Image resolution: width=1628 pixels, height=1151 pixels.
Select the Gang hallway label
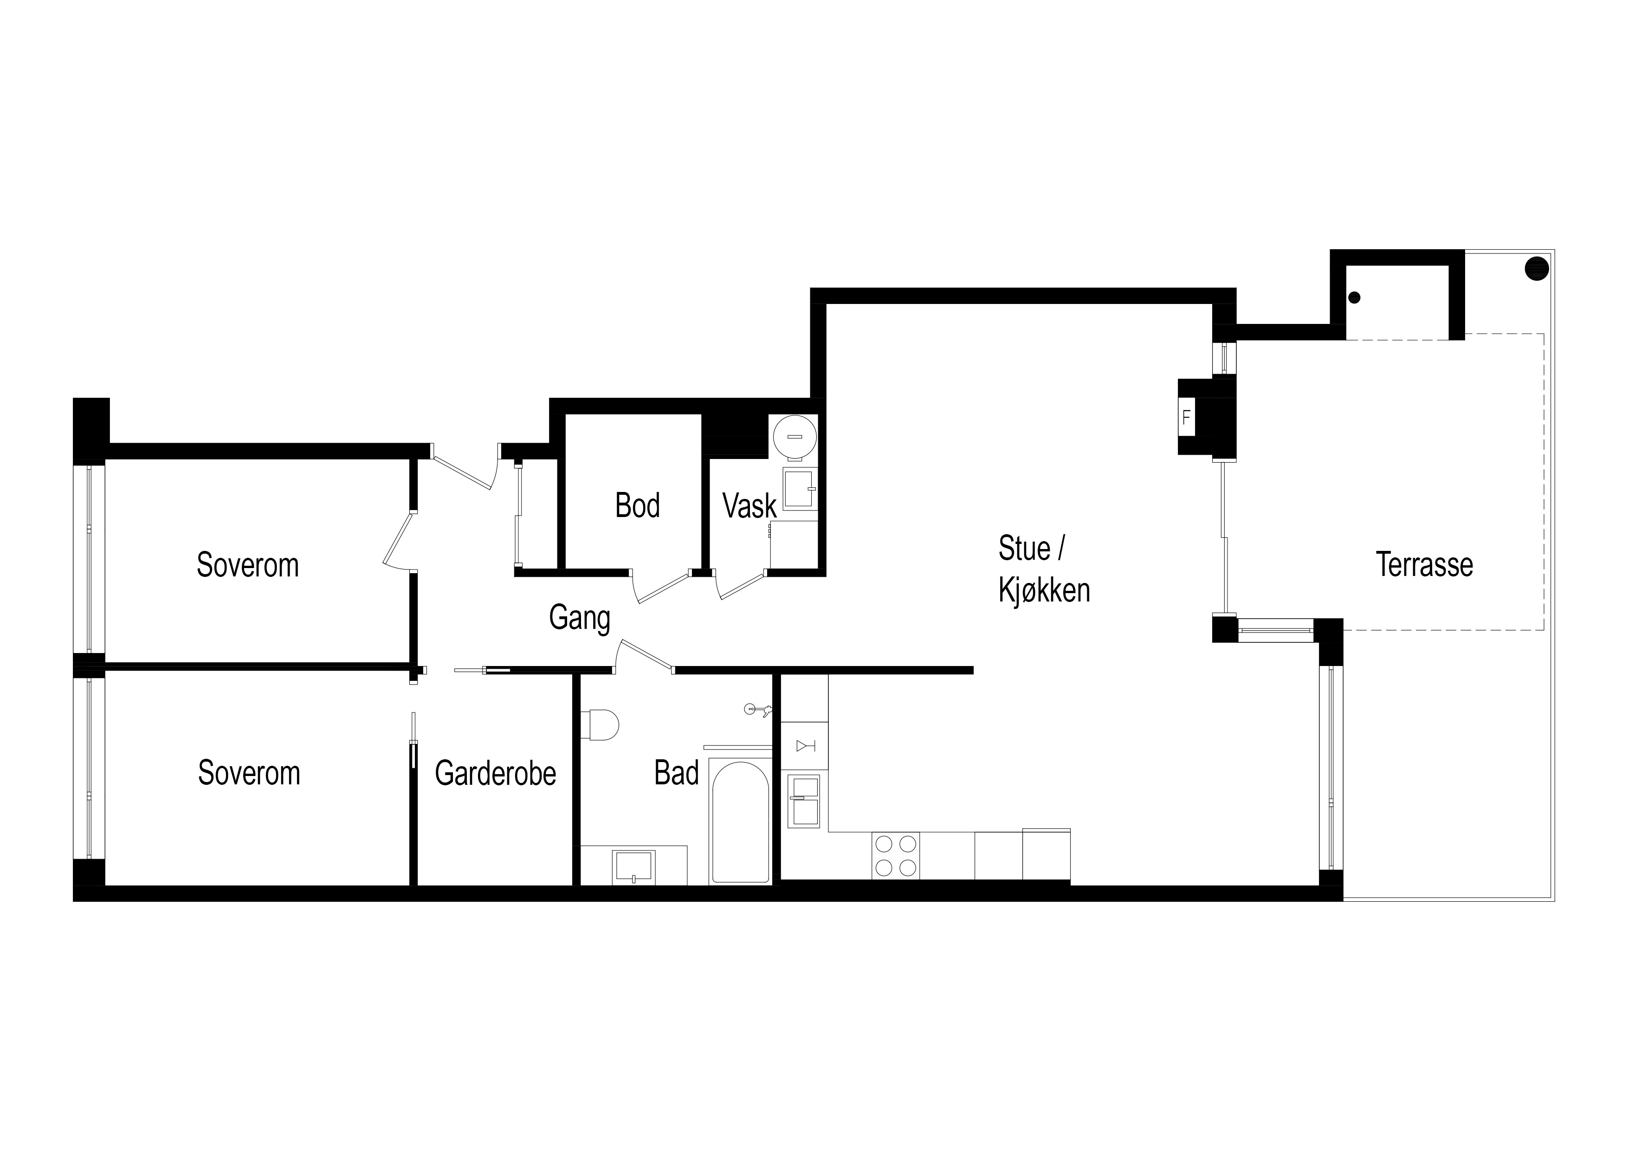(579, 618)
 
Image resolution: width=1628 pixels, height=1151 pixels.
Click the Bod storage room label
(638, 505)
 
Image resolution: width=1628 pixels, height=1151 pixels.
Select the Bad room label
(677, 773)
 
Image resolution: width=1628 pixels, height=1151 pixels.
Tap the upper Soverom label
(247, 565)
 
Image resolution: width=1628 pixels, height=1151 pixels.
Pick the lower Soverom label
(249, 773)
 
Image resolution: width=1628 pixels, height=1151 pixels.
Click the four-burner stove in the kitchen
(896, 856)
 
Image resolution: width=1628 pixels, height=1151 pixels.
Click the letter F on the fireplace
(1186, 418)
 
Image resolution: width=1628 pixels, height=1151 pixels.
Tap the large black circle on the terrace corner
(1537, 269)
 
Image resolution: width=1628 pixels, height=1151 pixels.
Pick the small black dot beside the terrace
(1355, 298)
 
